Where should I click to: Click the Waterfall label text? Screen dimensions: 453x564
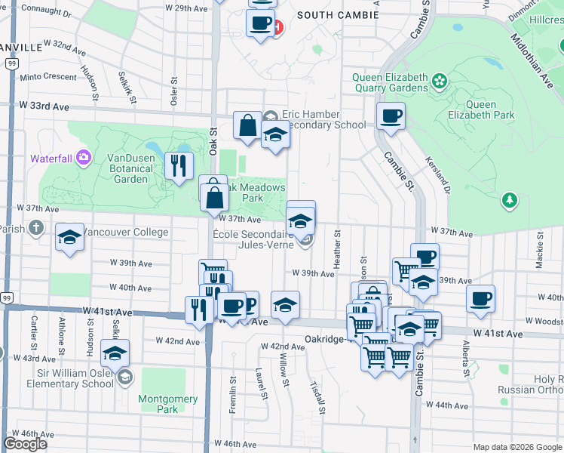[x=52, y=159]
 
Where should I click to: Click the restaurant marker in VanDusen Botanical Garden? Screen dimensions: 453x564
[x=179, y=165]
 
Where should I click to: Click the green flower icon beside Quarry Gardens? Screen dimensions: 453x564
[x=437, y=79]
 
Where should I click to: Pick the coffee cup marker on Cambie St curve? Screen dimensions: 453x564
[x=391, y=116]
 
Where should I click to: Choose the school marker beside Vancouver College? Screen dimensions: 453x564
[x=69, y=237]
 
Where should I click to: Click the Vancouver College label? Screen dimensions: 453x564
[x=124, y=232]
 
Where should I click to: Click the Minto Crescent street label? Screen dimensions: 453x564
[x=48, y=77]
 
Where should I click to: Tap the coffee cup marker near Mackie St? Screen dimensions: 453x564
[x=480, y=299]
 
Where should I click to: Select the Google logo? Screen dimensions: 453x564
[x=25, y=444]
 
